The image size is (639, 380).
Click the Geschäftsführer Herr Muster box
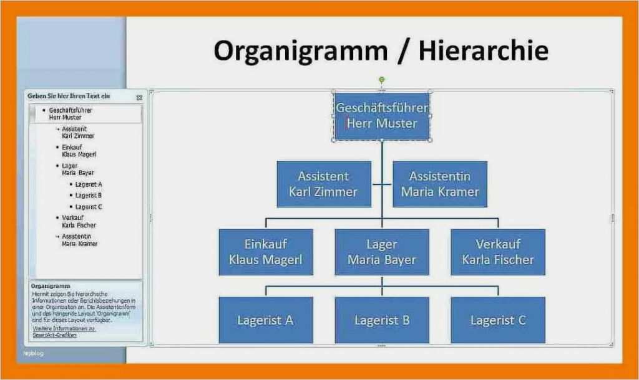381,116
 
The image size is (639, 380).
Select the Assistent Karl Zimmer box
323,184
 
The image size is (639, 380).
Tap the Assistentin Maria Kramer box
439,184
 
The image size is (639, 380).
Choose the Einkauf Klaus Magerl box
265,252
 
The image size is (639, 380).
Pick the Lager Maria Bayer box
381,252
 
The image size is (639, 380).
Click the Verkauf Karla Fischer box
497,252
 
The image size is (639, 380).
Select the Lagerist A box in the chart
265,320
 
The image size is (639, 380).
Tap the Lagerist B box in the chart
381,320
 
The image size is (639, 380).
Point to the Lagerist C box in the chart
497,320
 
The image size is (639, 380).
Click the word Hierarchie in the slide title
483,51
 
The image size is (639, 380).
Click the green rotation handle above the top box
381,80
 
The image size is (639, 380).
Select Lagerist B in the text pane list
88,196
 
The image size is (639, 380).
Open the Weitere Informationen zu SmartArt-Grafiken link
63,331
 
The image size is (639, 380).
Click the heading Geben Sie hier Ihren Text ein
69,97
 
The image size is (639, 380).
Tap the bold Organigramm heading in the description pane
50,287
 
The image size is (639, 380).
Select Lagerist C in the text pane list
88,207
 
